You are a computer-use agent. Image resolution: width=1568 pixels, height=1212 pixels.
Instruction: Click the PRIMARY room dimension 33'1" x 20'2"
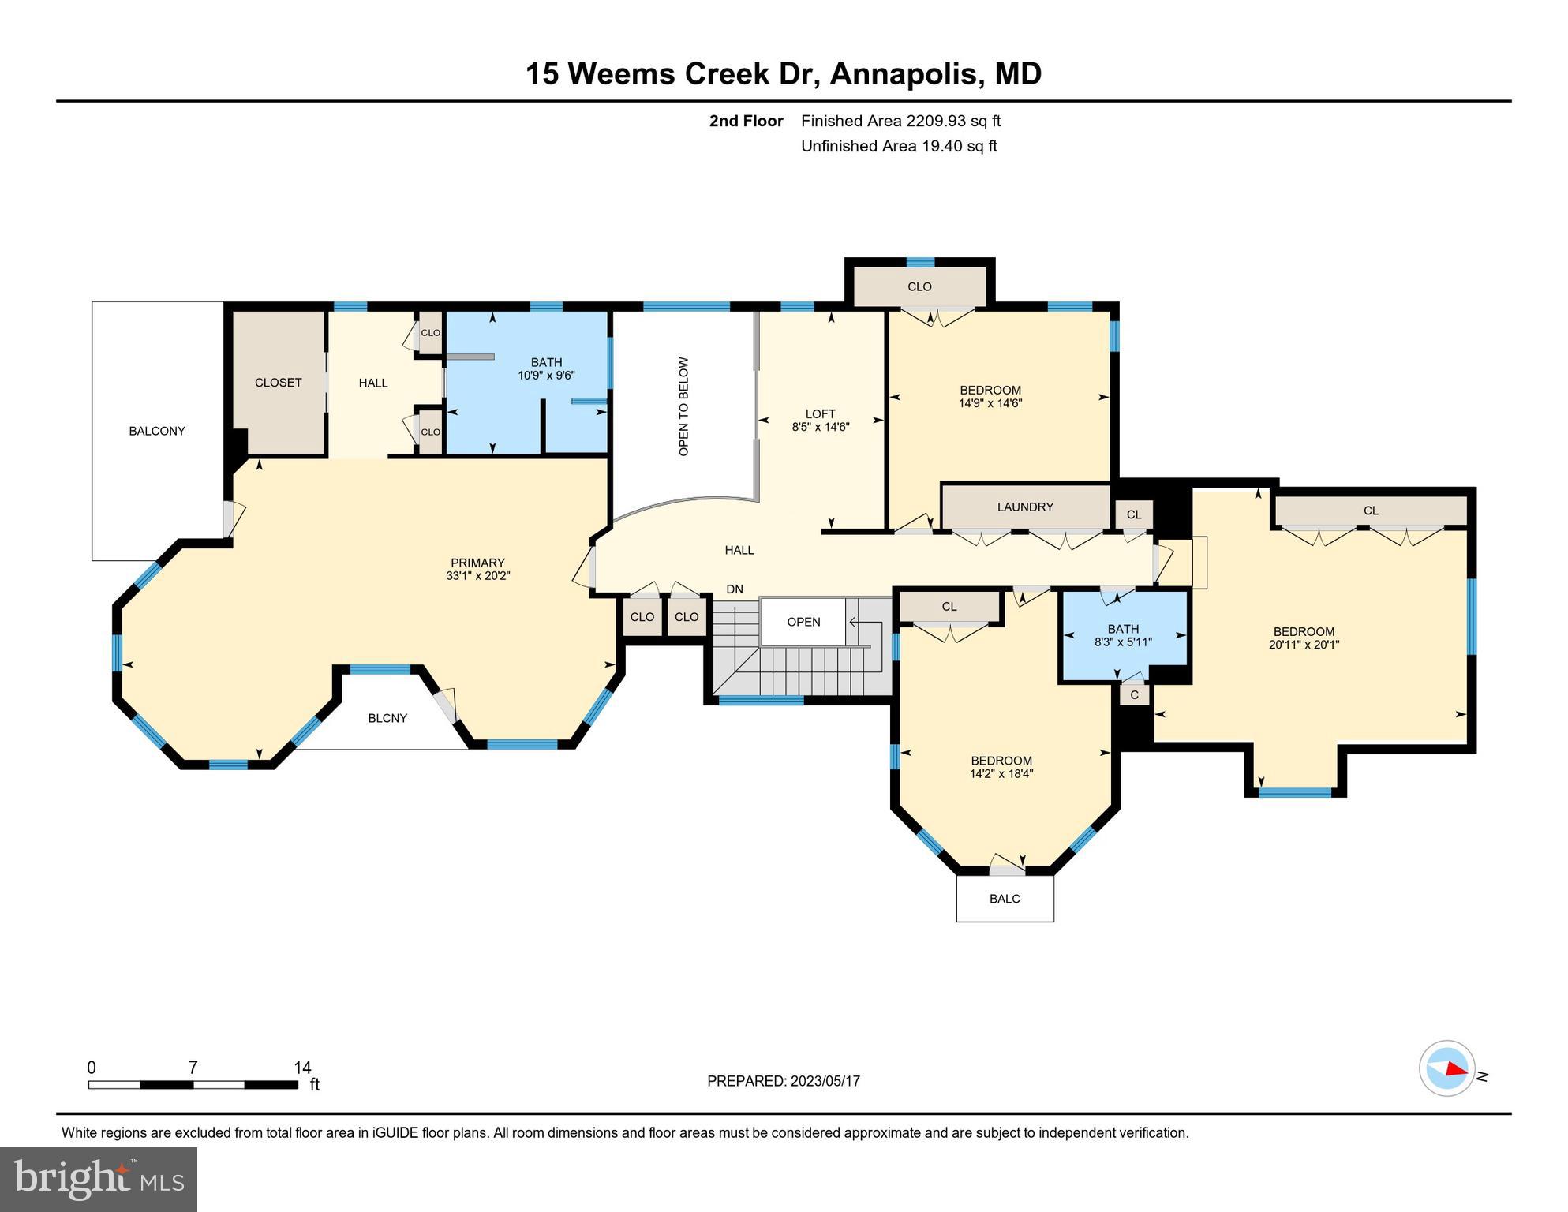(x=477, y=576)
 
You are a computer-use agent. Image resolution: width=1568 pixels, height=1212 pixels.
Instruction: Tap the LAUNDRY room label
(x=1024, y=507)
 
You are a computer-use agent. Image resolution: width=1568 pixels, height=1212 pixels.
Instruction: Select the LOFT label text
(x=820, y=413)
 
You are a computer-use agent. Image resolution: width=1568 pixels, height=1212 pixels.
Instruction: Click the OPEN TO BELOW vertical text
(x=683, y=406)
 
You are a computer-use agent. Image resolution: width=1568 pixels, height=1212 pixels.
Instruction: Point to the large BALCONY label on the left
(x=157, y=431)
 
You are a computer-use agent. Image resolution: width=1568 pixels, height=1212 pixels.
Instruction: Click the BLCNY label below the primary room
(x=387, y=718)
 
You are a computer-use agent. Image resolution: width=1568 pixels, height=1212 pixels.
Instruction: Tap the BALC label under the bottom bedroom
(x=1005, y=899)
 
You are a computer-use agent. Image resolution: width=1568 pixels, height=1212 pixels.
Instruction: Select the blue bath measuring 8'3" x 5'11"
(x=1123, y=635)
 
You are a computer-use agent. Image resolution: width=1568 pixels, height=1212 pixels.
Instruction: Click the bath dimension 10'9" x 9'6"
(x=546, y=376)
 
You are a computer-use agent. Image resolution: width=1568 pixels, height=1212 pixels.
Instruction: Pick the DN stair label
(x=735, y=589)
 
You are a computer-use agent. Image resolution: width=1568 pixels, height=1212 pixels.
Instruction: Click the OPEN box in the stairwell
(x=803, y=622)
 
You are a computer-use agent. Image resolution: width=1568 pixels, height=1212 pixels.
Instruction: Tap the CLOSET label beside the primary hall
(x=278, y=383)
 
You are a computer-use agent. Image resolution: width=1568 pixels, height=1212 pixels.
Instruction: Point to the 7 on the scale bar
(x=193, y=1068)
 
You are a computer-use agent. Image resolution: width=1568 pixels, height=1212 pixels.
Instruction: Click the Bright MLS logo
(x=98, y=1179)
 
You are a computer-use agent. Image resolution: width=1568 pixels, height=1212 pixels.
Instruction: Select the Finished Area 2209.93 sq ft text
(x=900, y=121)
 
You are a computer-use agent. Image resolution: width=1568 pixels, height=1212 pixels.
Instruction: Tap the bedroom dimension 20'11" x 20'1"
(x=1304, y=645)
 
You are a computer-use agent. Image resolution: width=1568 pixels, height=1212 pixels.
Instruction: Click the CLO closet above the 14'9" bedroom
(x=919, y=286)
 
